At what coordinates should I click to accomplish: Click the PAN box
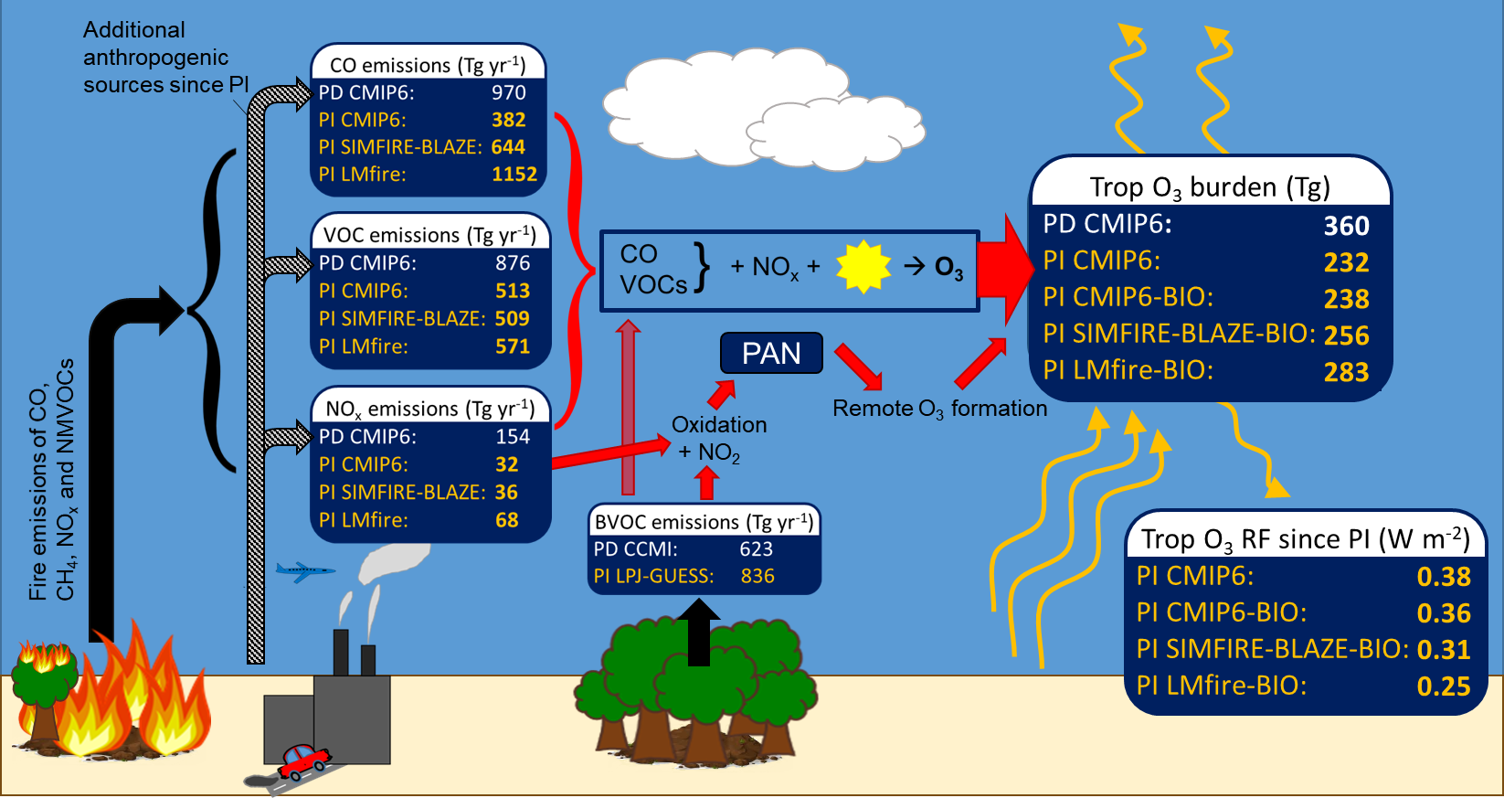point(771,354)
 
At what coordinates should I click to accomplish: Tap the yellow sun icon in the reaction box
point(863,267)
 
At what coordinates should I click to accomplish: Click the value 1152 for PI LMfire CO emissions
point(514,175)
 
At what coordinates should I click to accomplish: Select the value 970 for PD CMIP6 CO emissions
point(508,92)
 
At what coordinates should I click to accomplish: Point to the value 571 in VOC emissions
point(513,346)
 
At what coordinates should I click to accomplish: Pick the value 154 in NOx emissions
point(513,437)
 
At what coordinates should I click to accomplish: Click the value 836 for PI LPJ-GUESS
point(757,577)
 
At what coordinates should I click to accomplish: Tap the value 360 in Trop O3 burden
point(1346,226)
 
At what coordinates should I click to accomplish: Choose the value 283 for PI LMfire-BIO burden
point(1346,372)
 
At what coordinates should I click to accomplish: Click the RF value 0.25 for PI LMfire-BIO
point(1444,686)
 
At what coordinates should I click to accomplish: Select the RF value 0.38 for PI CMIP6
point(1444,577)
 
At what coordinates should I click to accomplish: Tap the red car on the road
point(305,760)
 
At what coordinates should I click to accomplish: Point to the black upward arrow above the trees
point(699,632)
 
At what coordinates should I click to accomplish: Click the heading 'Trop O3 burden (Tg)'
point(1210,187)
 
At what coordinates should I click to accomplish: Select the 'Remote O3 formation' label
point(939,409)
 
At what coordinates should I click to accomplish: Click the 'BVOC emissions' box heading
point(703,522)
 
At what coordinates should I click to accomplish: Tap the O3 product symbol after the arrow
point(948,268)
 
